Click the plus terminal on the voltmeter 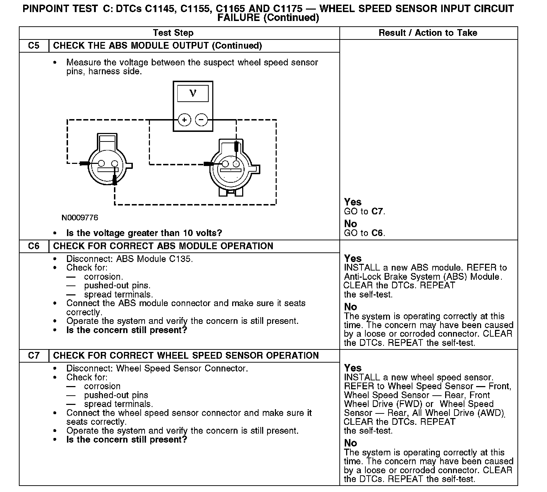pos(184,120)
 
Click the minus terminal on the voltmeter pos(202,120)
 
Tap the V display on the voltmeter pos(193,93)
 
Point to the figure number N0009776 pos(80,218)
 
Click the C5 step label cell pos(34,46)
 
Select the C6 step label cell pos(34,246)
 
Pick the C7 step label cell pos(34,355)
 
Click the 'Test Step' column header pos(173,33)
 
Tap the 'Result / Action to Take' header pos(428,33)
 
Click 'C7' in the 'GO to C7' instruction pos(377,212)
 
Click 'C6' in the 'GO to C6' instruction pos(377,233)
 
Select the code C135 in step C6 pos(180,259)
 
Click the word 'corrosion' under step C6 pos(103,277)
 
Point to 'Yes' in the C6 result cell pos(353,258)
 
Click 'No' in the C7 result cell pos(350,443)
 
